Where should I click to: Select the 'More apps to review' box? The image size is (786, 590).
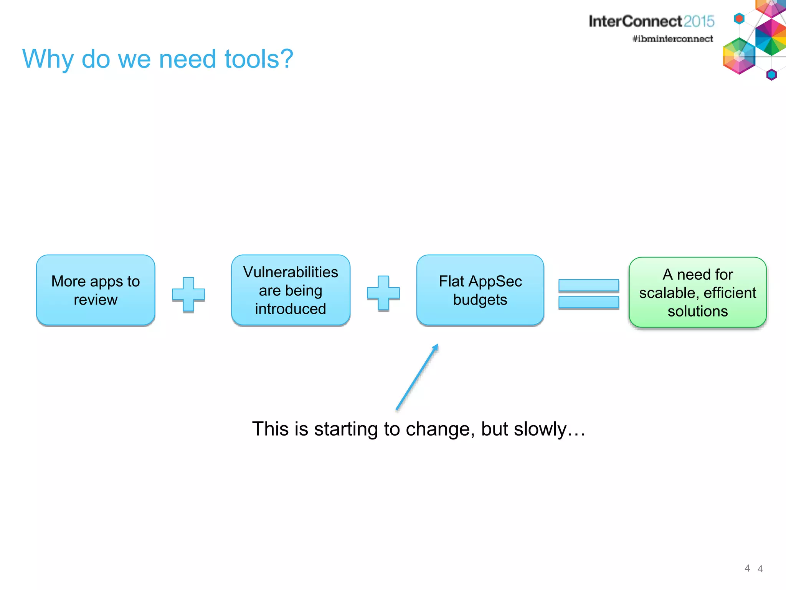pyautogui.click(x=96, y=290)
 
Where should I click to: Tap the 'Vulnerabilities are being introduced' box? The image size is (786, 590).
pyautogui.click(x=291, y=290)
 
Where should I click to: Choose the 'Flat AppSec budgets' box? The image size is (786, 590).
pyautogui.click(x=480, y=290)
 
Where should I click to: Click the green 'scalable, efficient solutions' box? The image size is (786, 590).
pyautogui.click(x=697, y=293)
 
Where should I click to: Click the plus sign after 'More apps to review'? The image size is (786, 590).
pyautogui.click(x=188, y=295)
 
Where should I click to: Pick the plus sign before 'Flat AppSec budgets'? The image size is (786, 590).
pyautogui.click(x=383, y=293)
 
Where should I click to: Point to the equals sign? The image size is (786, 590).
pyautogui.click(x=588, y=294)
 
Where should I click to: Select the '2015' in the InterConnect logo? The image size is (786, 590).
pyautogui.click(x=698, y=22)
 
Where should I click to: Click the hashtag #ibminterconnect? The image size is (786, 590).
pyautogui.click(x=672, y=39)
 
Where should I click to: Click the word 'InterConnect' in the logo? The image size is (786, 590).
pyautogui.click(x=635, y=22)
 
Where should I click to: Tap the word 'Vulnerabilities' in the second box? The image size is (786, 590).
pyautogui.click(x=291, y=272)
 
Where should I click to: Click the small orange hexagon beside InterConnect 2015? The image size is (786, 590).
pyautogui.click(x=739, y=18)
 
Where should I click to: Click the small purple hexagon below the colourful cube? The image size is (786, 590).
pyautogui.click(x=771, y=75)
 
